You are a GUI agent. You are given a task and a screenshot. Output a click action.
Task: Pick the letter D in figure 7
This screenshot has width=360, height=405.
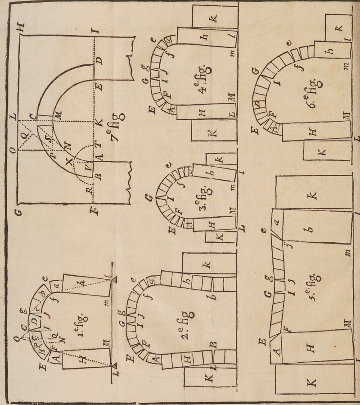click(100, 61)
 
